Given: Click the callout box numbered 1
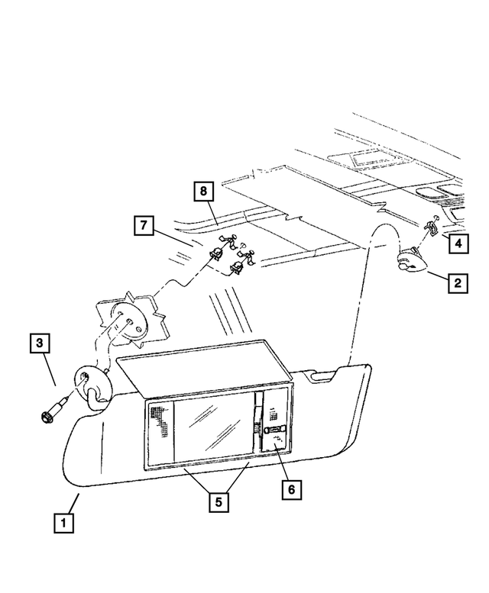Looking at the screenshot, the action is (x=63, y=523).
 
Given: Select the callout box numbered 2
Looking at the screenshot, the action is (x=458, y=283).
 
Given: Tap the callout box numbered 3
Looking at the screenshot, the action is (x=40, y=343).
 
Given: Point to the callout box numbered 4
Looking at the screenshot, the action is (x=458, y=243).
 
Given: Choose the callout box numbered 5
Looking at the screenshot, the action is (x=219, y=502).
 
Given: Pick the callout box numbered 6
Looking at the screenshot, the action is (x=291, y=489).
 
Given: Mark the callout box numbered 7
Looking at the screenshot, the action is (x=144, y=225).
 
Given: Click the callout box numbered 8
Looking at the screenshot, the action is (x=204, y=191).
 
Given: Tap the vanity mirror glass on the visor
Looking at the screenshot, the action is (x=213, y=429).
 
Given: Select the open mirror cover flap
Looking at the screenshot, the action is (x=204, y=365).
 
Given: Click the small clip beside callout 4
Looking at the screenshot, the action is (x=431, y=225).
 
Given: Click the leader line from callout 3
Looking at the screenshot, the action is (x=50, y=369).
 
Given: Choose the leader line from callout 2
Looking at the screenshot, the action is (x=438, y=276).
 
